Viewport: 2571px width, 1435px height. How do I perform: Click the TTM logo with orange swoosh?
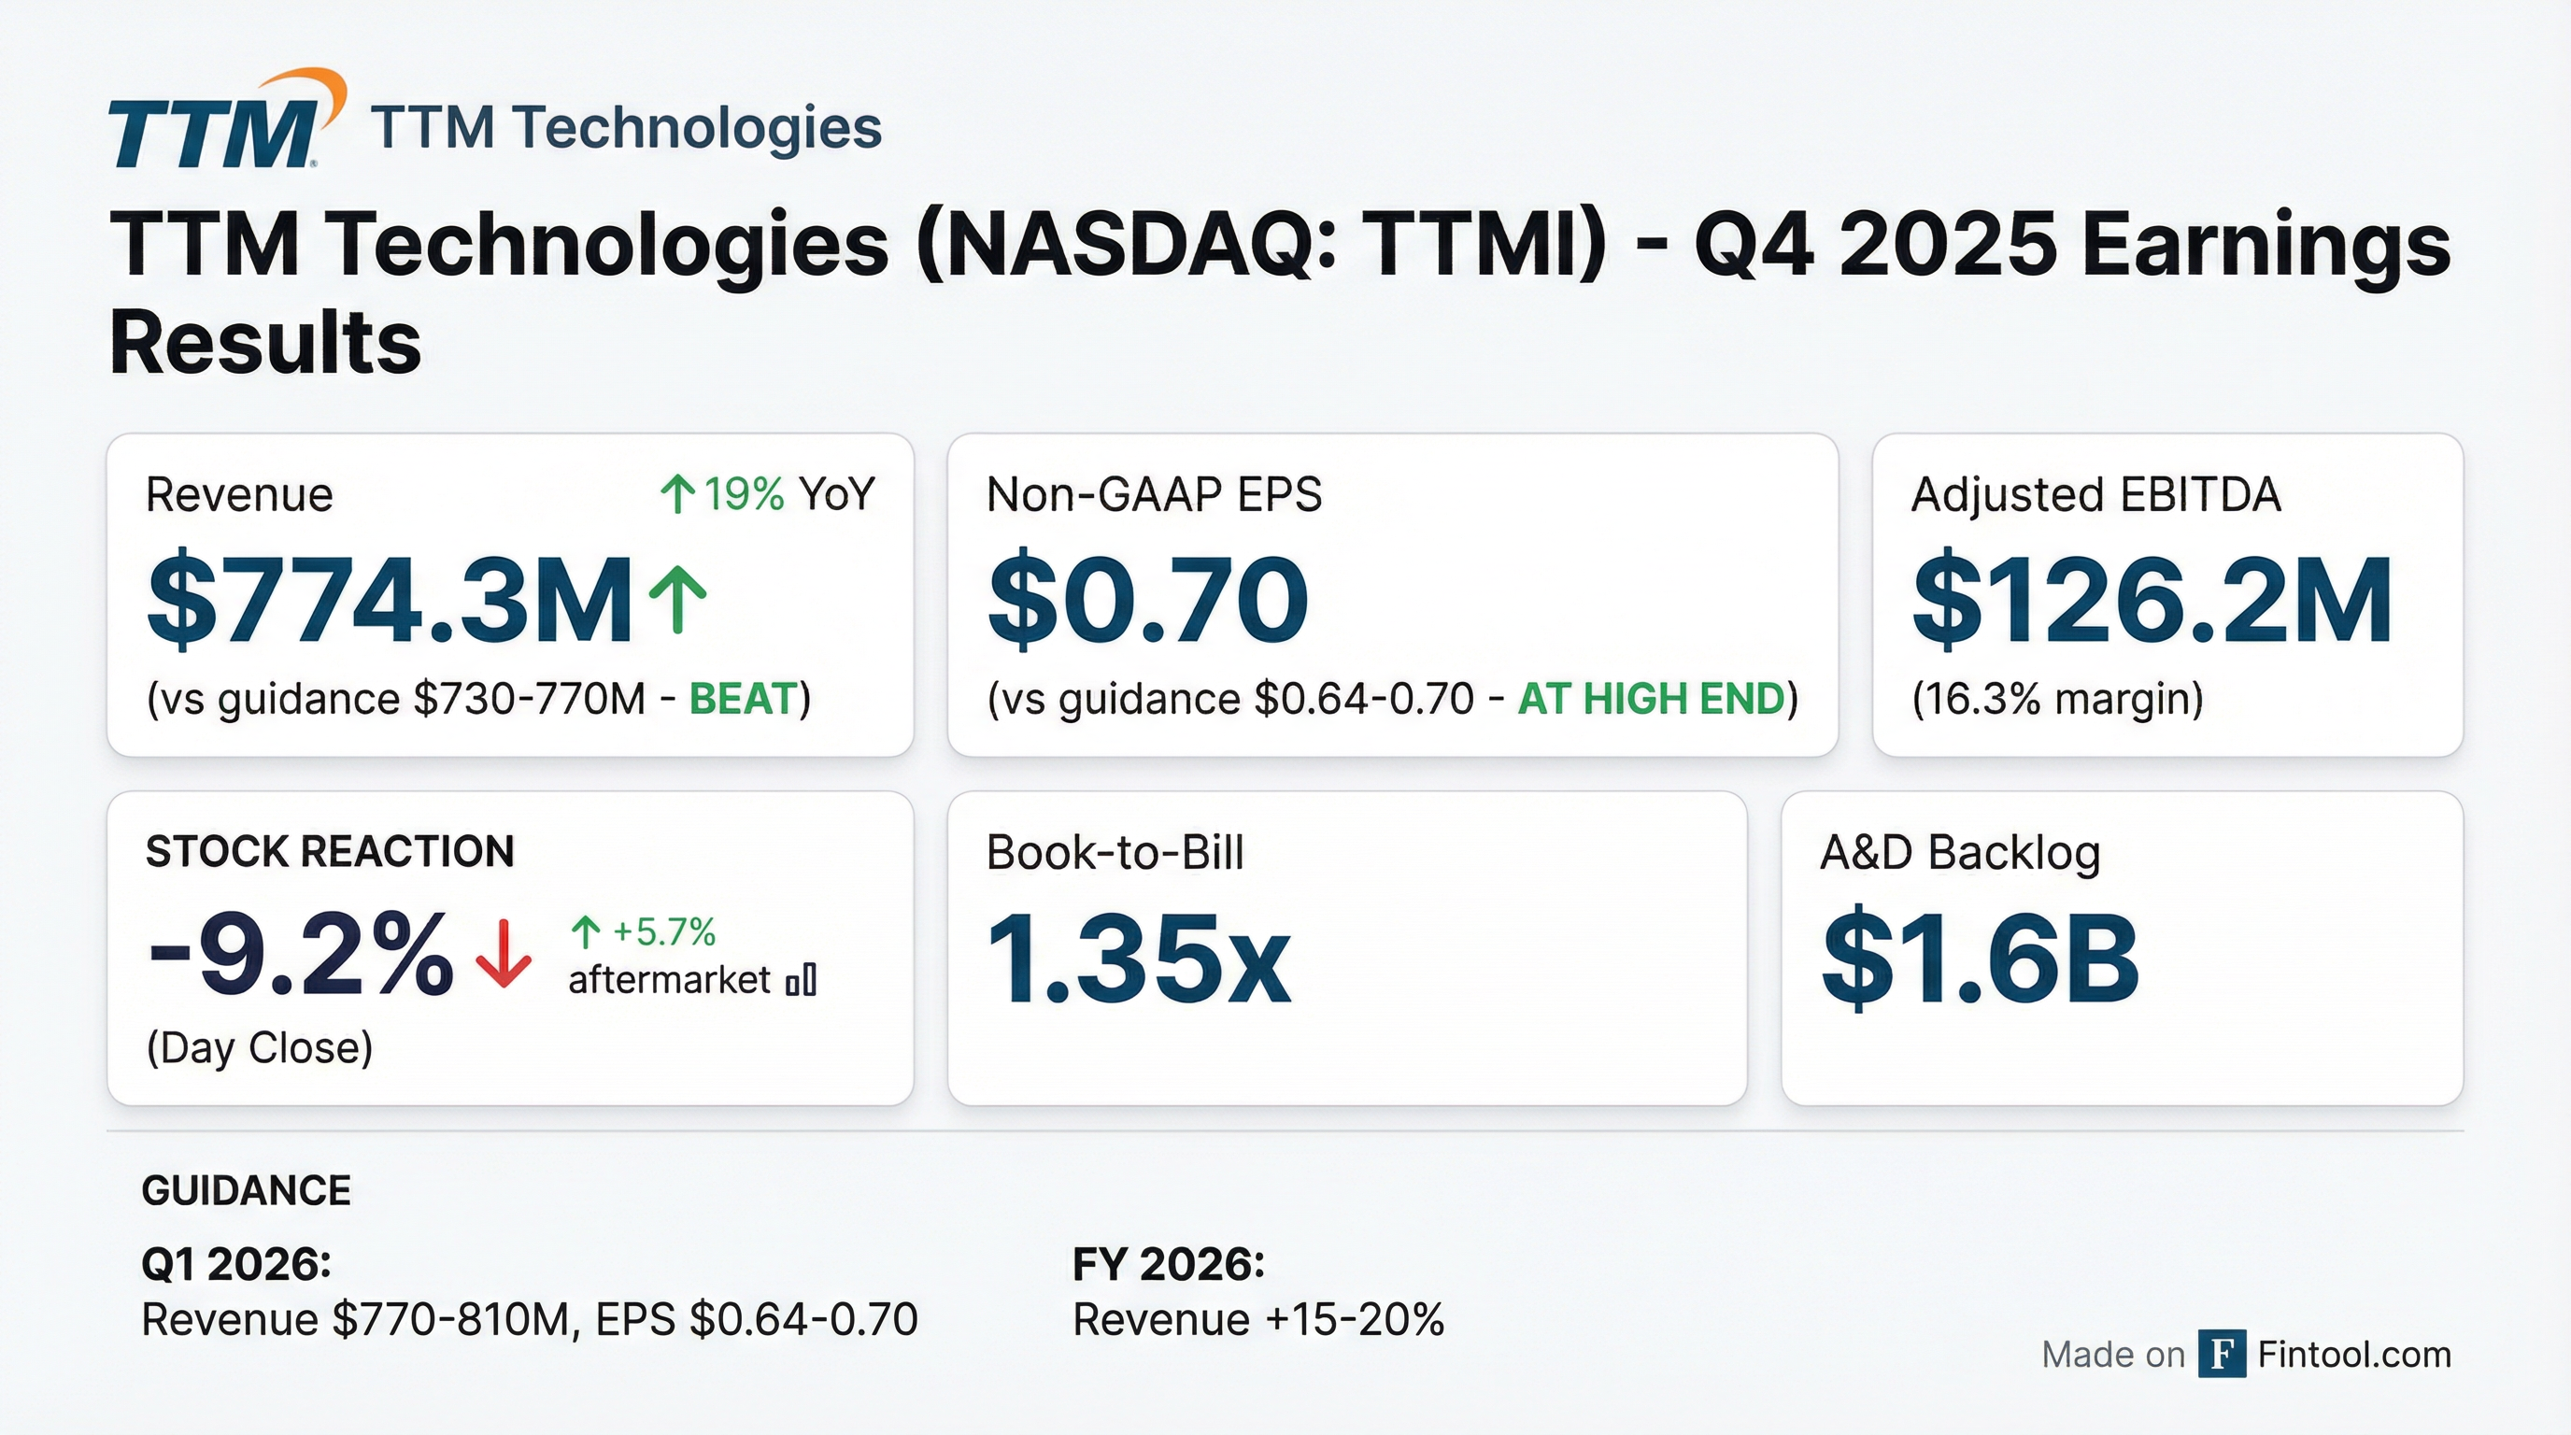click(x=225, y=121)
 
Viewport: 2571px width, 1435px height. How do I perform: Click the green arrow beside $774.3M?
click(x=677, y=599)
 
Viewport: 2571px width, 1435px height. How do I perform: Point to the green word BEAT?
click(x=744, y=700)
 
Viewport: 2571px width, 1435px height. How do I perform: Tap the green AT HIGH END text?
click(x=1651, y=700)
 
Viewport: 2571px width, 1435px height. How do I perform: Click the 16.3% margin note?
click(x=2057, y=700)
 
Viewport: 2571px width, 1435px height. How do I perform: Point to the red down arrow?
click(x=504, y=954)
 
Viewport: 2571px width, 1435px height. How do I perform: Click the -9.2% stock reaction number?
click(x=299, y=956)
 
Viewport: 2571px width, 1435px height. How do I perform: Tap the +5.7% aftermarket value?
click(x=662, y=932)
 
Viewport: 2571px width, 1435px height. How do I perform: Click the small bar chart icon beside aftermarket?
click(x=802, y=980)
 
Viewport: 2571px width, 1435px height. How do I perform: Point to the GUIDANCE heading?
click(x=247, y=1190)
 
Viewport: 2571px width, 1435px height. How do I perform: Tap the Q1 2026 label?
click(x=236, y=1264)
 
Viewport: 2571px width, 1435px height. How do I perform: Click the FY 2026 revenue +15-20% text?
click(x=1257, y=1320)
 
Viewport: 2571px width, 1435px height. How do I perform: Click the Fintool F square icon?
click(x=2222, y=1354)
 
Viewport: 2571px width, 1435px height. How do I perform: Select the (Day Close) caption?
click(x=260, y=1048)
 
